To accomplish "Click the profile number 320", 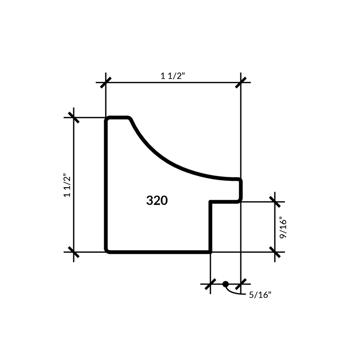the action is click(157, 200).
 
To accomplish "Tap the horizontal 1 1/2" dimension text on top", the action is click(173, 76).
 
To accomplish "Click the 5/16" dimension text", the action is click(260, 295).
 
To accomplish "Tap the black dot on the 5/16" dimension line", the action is click(225, 284).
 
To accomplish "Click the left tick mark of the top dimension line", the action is click(106, 82).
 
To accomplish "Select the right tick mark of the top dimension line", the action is click(241, 82).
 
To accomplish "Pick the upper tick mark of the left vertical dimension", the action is click(74, 117).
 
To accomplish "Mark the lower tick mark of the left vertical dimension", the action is click(74, 252).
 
